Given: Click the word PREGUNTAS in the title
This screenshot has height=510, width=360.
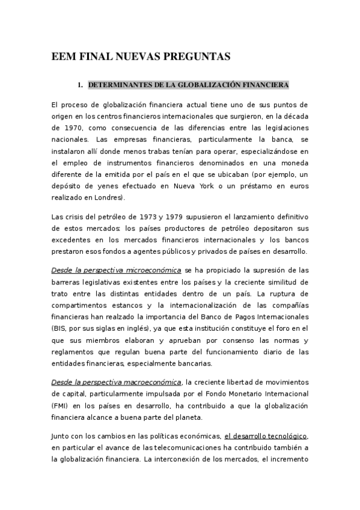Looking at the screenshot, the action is coord(197,57).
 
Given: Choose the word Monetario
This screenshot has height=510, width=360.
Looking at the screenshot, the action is coord(242,393).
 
